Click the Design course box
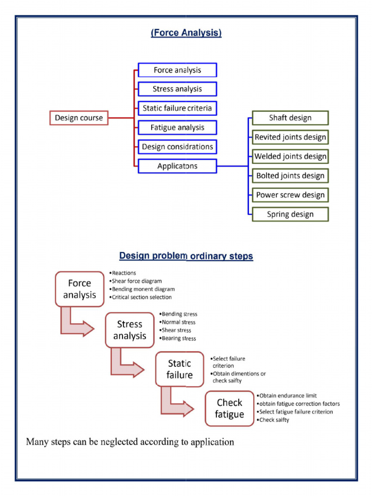point(79,118)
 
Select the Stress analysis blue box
point(177,89)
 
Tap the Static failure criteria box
point(177,108)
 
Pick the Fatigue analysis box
point(177,128)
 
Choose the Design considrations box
point(177,147)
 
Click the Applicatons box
point(177,166)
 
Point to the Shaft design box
point(290,118)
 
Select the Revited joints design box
point(290,137)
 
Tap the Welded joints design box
point(290,156)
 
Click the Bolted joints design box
point(290,176)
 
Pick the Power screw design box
point(290,195)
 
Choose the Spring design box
point(290,214)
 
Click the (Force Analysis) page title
point(186,33)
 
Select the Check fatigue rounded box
point(230,408)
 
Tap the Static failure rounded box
point(180,369)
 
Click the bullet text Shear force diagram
point(137,281)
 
